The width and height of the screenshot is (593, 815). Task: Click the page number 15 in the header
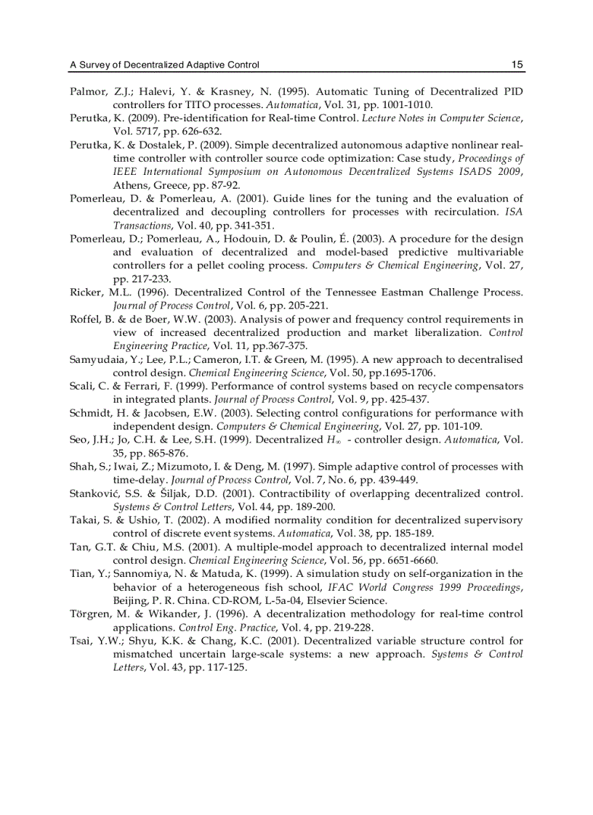tap(517, 65)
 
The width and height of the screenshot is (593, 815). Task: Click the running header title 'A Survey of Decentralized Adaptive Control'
tap(164, 65)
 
